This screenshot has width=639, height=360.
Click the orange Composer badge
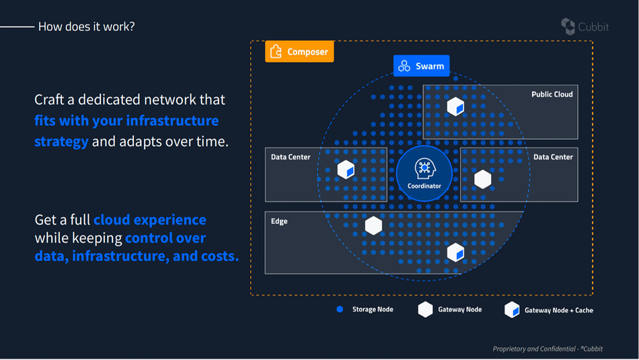click(x=299, y=52)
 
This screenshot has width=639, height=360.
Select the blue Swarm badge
click(x=421, y=66)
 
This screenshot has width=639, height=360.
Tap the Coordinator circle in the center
click(x=424, y=174)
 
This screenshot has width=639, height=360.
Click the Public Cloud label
click(x=552, y=94)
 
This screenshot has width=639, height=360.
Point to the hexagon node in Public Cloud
click(x=455, y=106)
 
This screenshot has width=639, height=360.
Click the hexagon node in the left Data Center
click(x=346, y=170)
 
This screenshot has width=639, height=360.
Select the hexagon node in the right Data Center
click(x=483, y=180)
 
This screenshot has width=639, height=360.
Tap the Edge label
click(x=279, y=221)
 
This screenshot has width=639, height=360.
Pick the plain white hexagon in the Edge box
click(x=373, y=226)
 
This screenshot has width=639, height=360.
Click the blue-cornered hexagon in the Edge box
click(x=455, y=252)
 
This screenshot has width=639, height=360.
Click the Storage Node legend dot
click(x=340, y=310)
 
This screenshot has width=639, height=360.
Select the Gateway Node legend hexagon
click(x=425, y=310)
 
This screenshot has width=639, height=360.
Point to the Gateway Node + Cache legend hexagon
click(x=512, y=310)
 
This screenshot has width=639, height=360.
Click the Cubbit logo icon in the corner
click(x=568, y=26)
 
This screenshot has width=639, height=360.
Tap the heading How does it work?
click(x=86, y=26)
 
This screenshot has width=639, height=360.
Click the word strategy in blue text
click(x=61, y=141)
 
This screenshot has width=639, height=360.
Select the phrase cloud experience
click(x=150, y=220)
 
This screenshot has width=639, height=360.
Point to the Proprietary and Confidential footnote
click(x=548, y=349)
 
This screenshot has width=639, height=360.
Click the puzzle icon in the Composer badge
click(x=276, y=51)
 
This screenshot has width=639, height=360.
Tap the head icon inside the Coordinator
click(x=424, y=168)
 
